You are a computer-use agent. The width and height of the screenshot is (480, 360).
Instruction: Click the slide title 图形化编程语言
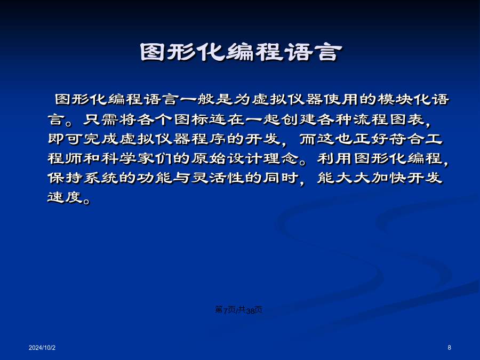(x=241, y=52)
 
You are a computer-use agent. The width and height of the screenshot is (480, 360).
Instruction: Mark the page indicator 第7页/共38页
(x=239, y=310)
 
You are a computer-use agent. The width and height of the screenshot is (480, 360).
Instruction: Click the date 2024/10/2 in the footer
(x=42, y=348)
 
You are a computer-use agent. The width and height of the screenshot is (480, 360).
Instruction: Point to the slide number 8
(x=450, y=348)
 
